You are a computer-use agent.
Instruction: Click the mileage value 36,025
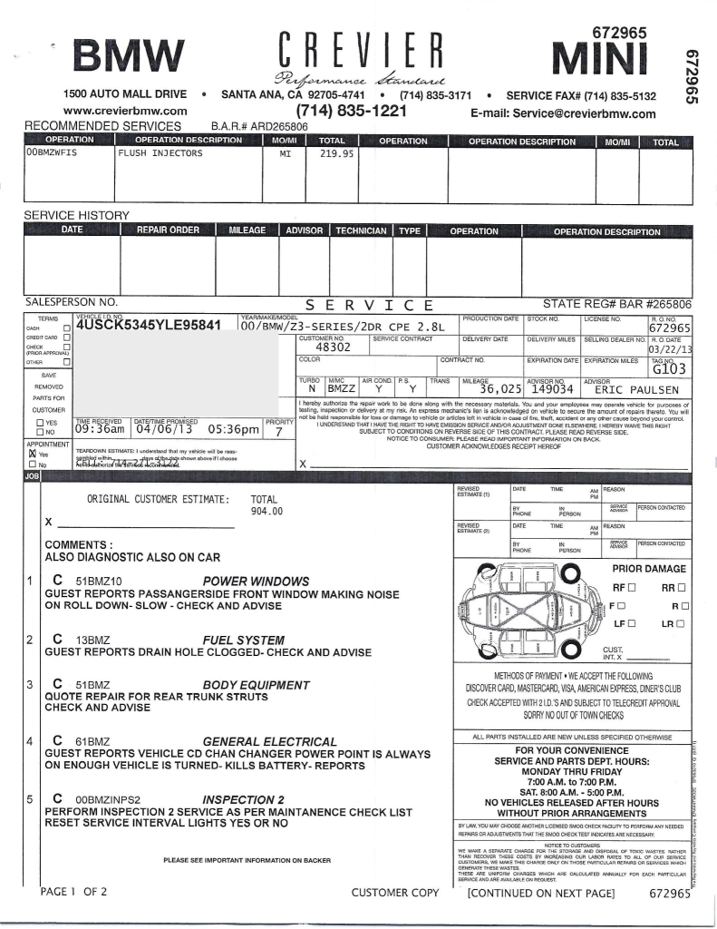pos(494,389)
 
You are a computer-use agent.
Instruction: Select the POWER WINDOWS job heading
pos(256,581)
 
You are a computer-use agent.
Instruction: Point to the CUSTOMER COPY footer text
pos(394,892)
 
